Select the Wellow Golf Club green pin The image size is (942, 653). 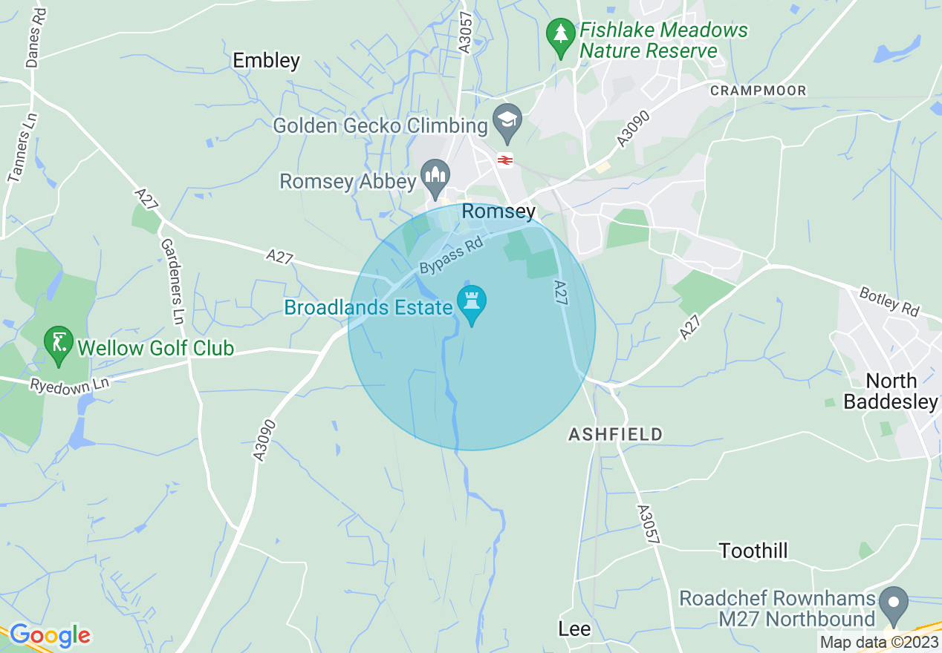[x=59, y=344]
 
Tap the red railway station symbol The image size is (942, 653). [x=505, y=160]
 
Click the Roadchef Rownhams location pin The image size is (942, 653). [x=894, y=604]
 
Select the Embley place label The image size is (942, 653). [x=266, y=60]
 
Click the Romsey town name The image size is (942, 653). [x=498, y=211]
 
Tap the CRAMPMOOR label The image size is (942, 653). [x=759, y=91]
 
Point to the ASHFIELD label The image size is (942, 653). [x=615, y=434]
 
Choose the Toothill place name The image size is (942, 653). [x=753, y=551]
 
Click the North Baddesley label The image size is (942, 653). [x=891, y=391]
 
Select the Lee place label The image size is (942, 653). [x=574, y=629]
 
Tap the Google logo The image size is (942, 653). [x=49, y=635]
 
